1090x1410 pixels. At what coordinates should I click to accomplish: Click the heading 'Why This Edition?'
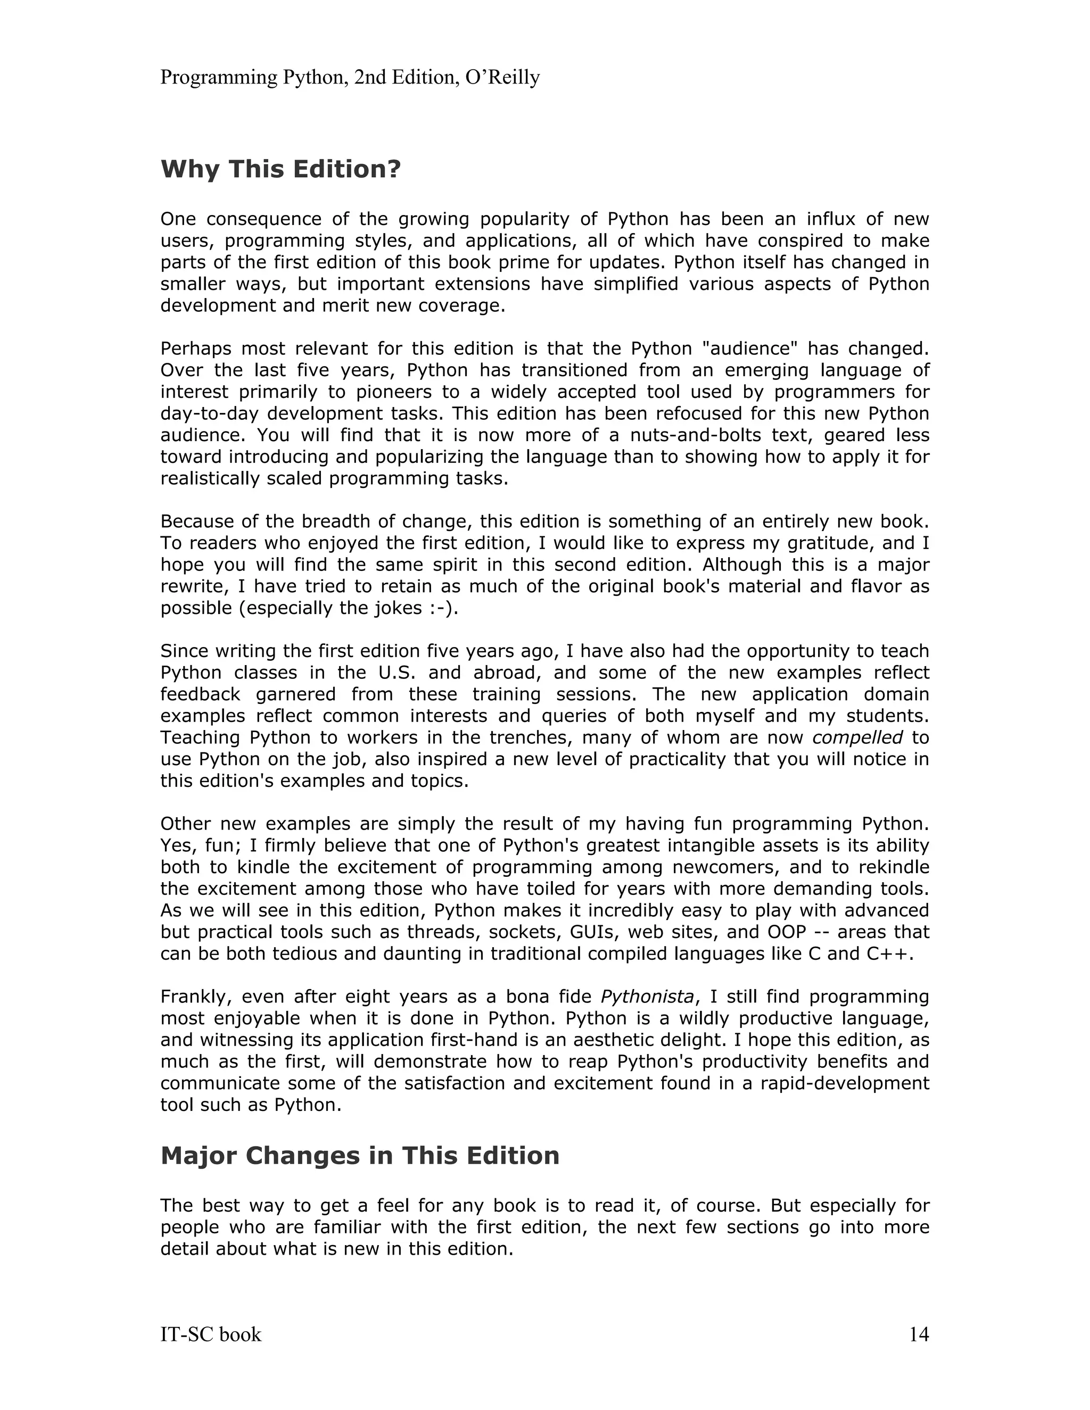[x=280, y=170]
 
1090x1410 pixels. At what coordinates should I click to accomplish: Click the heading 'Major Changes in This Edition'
[x=360, y=1156]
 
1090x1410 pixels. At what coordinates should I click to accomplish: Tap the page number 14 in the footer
[x=918, y=1334]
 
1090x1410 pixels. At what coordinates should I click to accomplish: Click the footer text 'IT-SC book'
[x=211, y=1334]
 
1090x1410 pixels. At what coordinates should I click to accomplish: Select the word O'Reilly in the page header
[x=502, y=78]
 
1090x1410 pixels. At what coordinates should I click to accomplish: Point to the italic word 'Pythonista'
[x=647, y=997]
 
